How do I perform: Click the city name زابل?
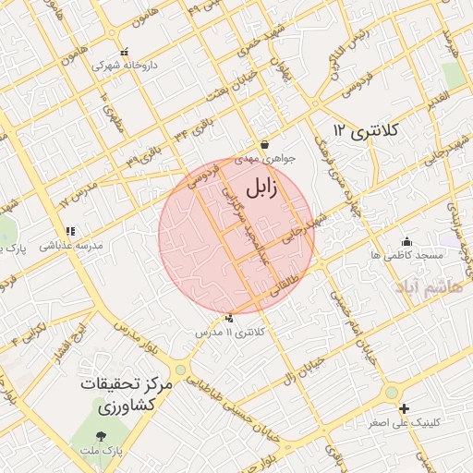pyautogui.click(x=261, y=188)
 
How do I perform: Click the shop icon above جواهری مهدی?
pyautogui.click(x=265, y=144)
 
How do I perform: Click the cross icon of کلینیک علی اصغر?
pyautogui.click(x=403, y=408)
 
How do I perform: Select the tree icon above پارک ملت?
pyautogui.click(x=101, y=435)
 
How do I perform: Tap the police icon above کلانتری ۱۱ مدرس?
pyautogui.click(x=230, y=319)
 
